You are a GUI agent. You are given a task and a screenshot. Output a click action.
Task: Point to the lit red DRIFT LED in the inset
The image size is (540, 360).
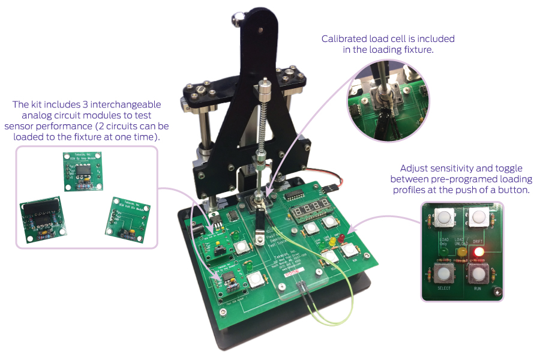point(478,253)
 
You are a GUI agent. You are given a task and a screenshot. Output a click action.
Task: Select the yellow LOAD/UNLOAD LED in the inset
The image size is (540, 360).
point(461,253)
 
